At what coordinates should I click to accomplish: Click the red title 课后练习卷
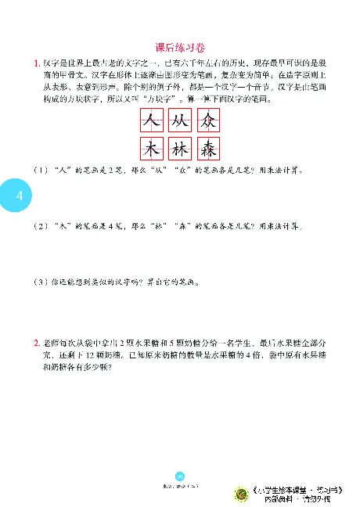179,47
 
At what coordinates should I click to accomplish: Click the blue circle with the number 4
18,195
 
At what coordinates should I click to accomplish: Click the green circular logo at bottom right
243,494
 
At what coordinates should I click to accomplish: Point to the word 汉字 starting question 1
51,63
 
